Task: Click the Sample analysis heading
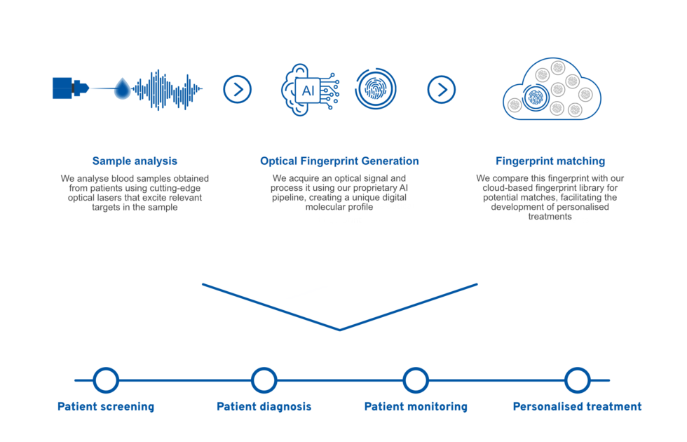click(135, 161)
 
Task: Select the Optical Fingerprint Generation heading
click(339, 161)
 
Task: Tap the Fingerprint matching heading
click(550, 161)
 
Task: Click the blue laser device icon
click(71, 88)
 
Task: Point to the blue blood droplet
click(123, 89)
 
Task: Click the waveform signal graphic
click(167, 90)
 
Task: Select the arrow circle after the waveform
click(237, 90)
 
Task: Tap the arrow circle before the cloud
click(441, 90)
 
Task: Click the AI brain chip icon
click(310, 90)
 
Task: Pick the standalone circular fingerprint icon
click(376, 88)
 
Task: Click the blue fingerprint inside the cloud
click(535, 98)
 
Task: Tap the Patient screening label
click(106, 406)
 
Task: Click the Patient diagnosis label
click(264, 406)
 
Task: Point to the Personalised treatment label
click(577, 406)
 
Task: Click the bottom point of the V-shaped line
click(339, 330)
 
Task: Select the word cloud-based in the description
click(508, 188)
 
